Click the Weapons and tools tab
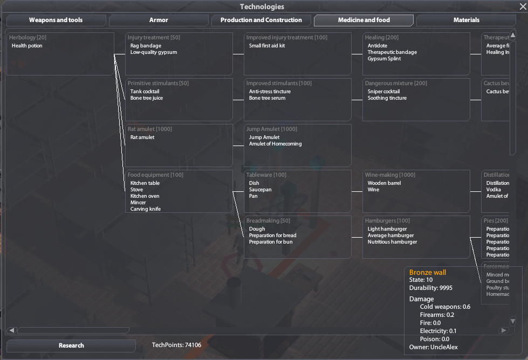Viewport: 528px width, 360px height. pyautogui.click(x=56, y=20)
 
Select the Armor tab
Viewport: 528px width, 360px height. pyautogui.click(x=159, y=20)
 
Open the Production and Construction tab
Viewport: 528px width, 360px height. pyautogui.click(x=261, y=20)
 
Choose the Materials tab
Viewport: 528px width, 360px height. pyautogui.click(x=467, y=20)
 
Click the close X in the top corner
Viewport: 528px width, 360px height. pyautogui.click(x=522, y=7)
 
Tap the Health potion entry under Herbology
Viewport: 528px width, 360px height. pyautogui.click(x=27, y=46)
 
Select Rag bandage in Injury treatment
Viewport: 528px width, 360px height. pyautogui.click(x=146, y=46)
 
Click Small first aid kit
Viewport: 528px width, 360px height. pyautogui.click(x=267, y=46)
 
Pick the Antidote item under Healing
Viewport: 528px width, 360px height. pyautogui.click(x=378, y=46)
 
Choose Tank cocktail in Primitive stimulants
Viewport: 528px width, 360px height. pyautogui.click(x=145, y=92)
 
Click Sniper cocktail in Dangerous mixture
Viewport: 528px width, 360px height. pyautogui.click(x=383, y=92)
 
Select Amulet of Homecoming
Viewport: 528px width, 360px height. pyautogui.click(x=275, y=144)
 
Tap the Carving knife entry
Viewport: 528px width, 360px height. pyautogui.click(x=146, y=209)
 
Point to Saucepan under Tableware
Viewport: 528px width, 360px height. pyautogui.click(x=260, y=190)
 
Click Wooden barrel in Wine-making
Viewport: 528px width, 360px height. pyautogui.click(x=384, y=183)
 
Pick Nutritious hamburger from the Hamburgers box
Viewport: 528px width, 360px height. pyautogui.click(x=392, y=242)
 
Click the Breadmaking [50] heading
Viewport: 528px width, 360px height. pyautogui.click(x=268, y=221)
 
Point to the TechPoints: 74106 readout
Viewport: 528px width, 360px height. pyautogui.click(x=176, y=345)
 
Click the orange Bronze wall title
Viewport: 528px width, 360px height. pyautogui.click(x=428, y=273)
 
